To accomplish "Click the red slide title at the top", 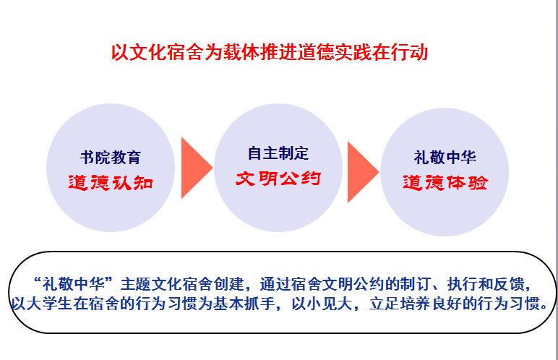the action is point(270,52).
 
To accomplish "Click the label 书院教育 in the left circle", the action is point(111,158).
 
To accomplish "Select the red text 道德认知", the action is point(111,183).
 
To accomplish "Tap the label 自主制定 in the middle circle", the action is point(278,153).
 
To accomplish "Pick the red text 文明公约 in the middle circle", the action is point(278,179).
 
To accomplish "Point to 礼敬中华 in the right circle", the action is point(445,157).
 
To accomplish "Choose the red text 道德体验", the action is point(445,183).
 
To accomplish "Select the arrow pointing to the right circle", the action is point(364,172).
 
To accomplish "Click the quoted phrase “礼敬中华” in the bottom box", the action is point(73,284).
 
